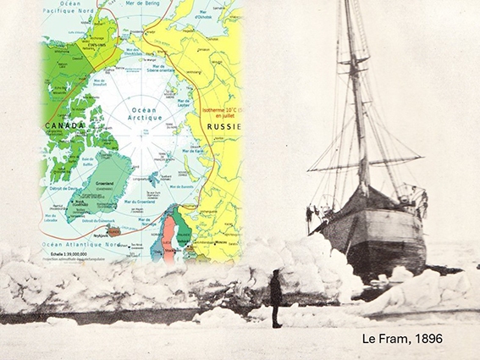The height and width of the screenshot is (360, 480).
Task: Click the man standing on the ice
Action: coord(276,298)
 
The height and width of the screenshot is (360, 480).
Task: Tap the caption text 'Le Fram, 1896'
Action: coord(401,339)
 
